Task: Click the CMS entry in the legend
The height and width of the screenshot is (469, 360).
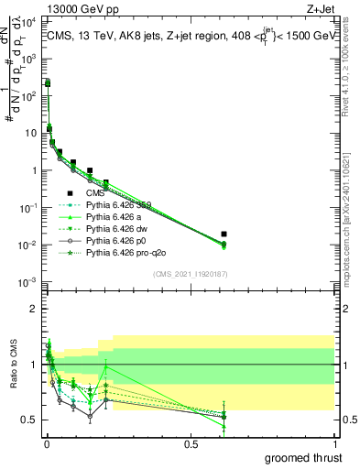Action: point(96,194)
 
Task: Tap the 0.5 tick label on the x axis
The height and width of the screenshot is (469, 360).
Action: point(192,444)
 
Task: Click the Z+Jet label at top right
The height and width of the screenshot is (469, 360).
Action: point(337,7)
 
